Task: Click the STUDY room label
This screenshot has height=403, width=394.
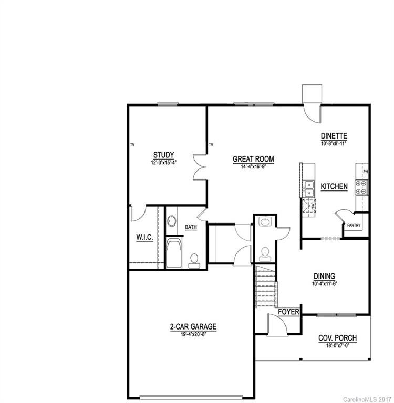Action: (x=163, y=155)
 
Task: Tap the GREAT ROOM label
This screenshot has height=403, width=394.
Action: (x=254, y=159)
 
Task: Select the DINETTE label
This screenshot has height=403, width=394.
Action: (x=335, y=135)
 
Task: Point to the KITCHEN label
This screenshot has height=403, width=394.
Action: (x=334, y=186)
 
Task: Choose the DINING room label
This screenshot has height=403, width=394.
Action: (x=324, y=276)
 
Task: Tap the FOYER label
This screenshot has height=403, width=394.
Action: (x=288, y=312)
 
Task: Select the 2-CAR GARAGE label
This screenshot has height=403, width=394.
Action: (x=193, y=326)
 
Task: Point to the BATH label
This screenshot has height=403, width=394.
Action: (x=191, y=227)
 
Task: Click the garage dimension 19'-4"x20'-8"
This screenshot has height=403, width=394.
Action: (x=193, y=333)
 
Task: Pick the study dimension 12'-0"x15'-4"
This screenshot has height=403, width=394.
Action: (x=163, y=162)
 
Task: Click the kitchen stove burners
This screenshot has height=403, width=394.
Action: (x=361, y=187)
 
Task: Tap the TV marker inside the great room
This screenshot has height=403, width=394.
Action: (x=211, y=144)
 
